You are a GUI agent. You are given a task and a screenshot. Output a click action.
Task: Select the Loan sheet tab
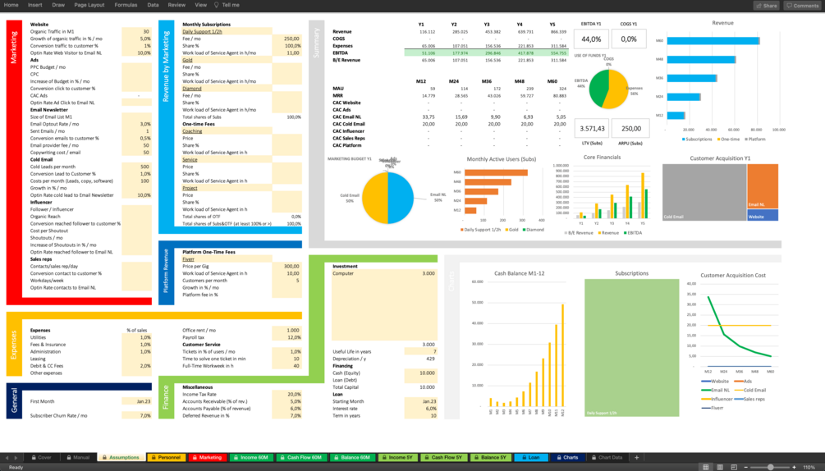(531, 457)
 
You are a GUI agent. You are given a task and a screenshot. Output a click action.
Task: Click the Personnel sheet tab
(166, 457)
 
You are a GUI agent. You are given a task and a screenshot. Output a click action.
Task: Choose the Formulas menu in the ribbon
(126, 5)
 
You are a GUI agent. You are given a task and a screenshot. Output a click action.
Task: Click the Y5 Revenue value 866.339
(557, 31)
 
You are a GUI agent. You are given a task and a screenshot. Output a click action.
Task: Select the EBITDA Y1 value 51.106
(426, 53)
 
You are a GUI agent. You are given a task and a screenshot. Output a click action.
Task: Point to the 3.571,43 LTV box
(592, 128)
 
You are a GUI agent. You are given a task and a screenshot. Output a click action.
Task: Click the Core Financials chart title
(602, 157)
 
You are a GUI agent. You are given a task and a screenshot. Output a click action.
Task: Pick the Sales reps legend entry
(754, 399)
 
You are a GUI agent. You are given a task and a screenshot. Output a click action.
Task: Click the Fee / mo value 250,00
(291, 39)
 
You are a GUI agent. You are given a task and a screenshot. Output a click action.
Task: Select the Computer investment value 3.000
(428, 273)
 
